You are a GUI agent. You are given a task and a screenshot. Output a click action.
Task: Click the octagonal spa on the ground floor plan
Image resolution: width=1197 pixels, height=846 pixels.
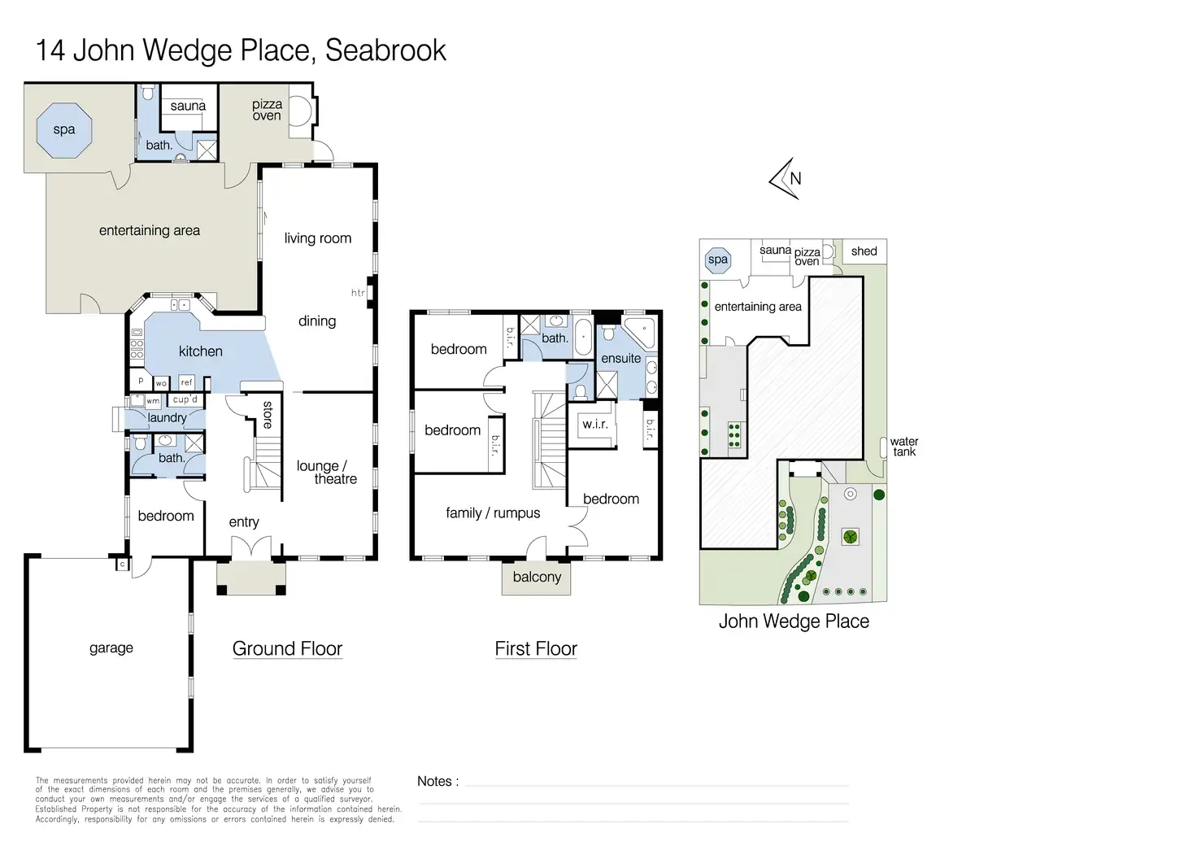coord(64,130)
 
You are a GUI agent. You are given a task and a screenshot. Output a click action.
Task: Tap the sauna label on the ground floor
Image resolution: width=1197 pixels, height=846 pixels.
coord(188,106)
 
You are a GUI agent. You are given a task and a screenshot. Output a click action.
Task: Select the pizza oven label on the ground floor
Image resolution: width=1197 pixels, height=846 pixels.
coord(267,110)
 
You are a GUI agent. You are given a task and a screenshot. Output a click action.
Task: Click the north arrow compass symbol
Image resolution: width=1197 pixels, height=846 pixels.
coord(786,179)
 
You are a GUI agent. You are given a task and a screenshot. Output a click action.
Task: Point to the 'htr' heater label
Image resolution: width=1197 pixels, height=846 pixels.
coord(358,292)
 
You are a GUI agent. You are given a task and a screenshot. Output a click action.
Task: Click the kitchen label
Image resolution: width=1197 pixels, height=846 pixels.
coord(200,351)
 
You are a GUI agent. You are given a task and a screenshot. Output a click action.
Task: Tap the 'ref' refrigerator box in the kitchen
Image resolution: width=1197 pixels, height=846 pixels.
coord(186,382)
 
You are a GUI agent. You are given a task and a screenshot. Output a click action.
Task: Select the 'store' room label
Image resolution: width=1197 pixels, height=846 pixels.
coord(268,415)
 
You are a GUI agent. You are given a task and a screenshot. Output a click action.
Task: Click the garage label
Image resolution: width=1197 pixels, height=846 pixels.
coord(111,648)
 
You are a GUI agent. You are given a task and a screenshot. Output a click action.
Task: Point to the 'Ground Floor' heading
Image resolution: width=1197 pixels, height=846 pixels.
coord(287,648)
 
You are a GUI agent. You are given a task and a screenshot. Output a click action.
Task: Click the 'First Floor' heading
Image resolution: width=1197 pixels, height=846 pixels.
coord(536,648)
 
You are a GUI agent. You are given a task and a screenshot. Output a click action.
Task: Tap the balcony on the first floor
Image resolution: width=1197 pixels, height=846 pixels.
coord(536,578)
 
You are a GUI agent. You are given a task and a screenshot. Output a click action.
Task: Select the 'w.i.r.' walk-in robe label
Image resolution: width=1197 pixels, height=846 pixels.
coord(594,425)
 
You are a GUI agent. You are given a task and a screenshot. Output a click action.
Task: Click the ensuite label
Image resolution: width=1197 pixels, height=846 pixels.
coord(621,358)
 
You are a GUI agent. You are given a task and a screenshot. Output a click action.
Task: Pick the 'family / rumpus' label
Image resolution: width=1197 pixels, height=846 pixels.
coord(493,513)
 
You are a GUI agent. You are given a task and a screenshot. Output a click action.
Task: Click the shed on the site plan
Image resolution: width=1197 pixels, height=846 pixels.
coord(864,251)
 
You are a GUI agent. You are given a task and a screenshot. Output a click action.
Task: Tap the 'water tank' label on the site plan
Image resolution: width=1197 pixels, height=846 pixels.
coord(904,447)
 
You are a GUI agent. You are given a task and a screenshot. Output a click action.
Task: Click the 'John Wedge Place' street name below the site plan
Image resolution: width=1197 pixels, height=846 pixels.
coord(794,621)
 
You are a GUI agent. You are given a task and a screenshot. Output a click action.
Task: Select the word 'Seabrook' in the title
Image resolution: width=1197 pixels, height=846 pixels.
coord(385,50)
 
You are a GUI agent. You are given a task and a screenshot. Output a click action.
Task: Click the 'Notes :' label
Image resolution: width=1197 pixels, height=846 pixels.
coord(437,782)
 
